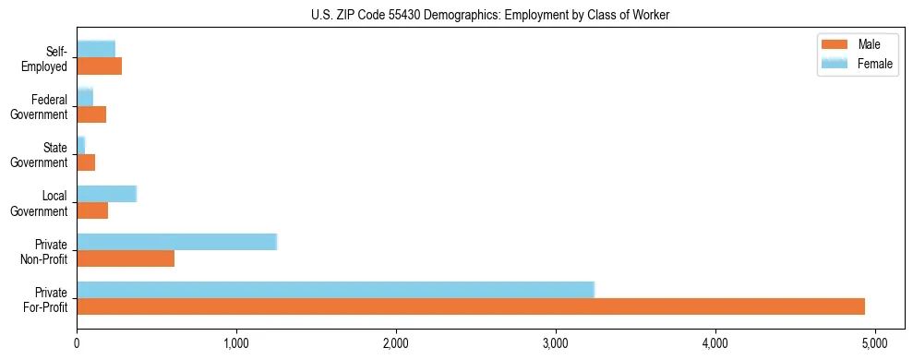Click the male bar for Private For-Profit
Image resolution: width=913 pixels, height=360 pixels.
click(471, 306)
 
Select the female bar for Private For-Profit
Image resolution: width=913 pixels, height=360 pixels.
click(335, 290)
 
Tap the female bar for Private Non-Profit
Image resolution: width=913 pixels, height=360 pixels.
click(176, 242)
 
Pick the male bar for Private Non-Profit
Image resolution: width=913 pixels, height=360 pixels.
click(126, 258)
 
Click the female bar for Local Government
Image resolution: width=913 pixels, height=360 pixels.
click(106, 194)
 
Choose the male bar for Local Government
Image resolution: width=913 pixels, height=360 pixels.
click(92, 210)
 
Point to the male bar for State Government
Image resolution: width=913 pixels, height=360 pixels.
click(86, 162)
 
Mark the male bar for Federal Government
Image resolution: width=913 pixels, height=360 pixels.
click(91, 114)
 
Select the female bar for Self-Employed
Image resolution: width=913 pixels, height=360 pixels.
click(96, 50)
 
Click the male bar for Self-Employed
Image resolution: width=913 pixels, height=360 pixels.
click(99, 66)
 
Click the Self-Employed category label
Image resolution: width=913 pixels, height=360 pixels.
click(48, 59)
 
